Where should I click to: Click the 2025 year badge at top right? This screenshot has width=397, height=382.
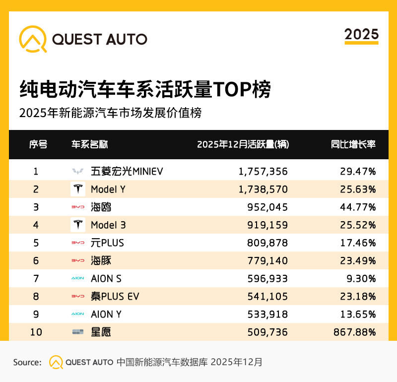click(361, 35)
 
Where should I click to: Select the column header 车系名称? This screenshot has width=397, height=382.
click(90, 144)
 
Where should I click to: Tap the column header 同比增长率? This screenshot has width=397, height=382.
click(353, 144)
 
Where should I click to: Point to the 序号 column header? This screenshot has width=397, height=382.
click(38, 144)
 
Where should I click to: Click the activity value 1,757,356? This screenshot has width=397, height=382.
click(263, 172)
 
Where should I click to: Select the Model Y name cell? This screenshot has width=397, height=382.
click(108, 190)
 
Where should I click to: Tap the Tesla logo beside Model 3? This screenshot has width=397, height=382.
click(78, 225)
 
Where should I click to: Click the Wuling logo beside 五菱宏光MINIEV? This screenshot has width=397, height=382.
click(78, 172)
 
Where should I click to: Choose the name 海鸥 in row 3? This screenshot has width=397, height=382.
click(101, 207)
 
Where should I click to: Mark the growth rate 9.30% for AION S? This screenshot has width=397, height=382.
click(361, 278)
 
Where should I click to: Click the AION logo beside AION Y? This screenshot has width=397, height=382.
click(78, 314)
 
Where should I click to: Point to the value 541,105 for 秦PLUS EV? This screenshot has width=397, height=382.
click(267, 296)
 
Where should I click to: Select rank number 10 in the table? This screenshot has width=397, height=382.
click(36, 332)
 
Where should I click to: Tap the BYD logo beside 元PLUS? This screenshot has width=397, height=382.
click(78, 243)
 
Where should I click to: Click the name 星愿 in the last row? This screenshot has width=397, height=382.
click(101, 332)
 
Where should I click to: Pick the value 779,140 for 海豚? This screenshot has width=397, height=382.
click(267, 260)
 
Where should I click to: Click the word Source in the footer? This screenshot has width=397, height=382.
click(27, 362)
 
